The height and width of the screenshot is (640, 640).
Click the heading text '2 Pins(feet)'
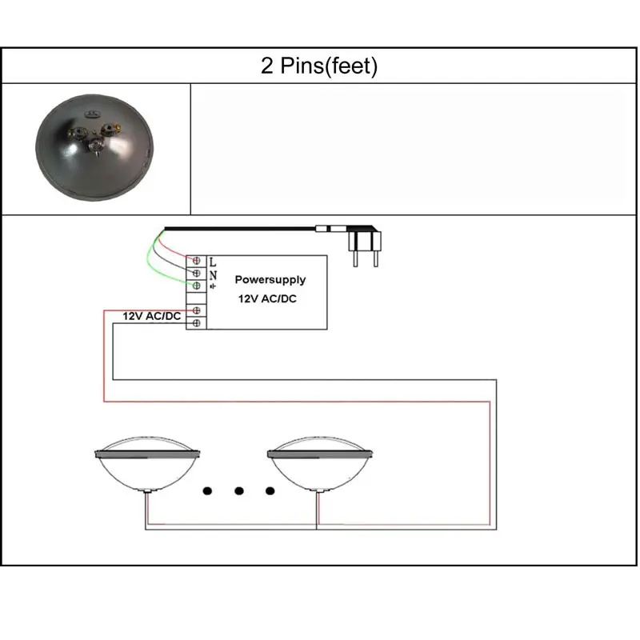318,66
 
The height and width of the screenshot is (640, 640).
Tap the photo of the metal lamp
94,149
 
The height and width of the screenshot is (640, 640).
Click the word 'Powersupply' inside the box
270,280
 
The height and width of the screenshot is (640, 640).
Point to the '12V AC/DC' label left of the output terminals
150,316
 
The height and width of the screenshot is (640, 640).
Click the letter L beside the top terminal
212,262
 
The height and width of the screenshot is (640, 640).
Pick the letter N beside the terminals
212,274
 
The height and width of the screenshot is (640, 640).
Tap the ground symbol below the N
212,286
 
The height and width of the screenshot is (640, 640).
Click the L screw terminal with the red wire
196,262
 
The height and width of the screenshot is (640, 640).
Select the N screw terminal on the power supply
196,274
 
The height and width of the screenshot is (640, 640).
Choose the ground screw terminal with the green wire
196,286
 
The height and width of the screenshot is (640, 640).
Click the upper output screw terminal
196,310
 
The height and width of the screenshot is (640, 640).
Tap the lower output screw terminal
196,322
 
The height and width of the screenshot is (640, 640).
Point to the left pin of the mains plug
354,256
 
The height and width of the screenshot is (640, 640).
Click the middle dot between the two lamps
238,490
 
